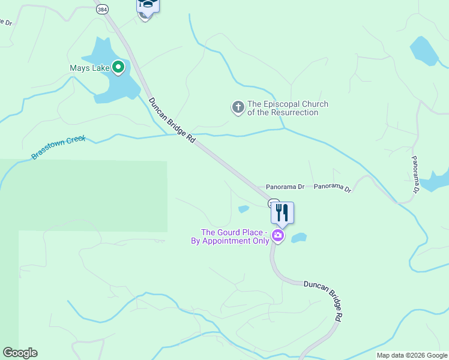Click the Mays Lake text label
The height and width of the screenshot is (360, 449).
coord(89,68)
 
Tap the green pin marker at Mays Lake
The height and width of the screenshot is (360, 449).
coord(118,67)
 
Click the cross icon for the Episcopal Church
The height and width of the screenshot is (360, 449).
coord(238,108)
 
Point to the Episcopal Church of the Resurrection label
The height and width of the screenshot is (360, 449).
coord(288,108)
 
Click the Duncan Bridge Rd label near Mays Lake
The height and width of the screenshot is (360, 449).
coord(172,120)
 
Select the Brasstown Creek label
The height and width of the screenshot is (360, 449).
coord(59,148)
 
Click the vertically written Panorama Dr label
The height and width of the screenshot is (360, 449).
coord(414,175)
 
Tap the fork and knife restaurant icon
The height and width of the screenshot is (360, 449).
coord(282,212)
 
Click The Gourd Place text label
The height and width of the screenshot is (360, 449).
coord(233,236)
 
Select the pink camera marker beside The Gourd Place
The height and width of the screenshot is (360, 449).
coord(277,235)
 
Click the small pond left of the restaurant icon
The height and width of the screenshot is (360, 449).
coord(244,209)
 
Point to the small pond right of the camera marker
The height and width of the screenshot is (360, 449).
coord(299,238)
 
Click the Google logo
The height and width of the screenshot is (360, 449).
coord(20,353)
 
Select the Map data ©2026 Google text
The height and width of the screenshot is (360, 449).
coord(412,355)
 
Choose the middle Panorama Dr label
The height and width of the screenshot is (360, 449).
coord(332,188)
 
